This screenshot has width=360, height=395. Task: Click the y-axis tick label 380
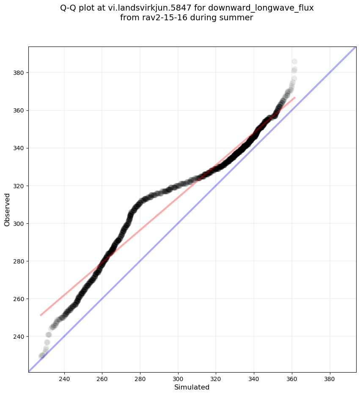pyautogui.click(x=19, y=73)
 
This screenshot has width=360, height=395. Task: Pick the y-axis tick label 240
pyautogui.click(x=19, y=336)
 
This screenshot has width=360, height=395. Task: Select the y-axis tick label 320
pyautogui.click(x=19, y=186)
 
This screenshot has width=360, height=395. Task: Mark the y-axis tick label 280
pyautogui.click(x=19, y=261)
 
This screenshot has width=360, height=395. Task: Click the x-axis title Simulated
pyautogui.click(x=192, y=387)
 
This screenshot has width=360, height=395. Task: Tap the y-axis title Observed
pyautogui.click(x=7, y=209)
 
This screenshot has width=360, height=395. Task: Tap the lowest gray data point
pyautogui.click(x=41, y=356)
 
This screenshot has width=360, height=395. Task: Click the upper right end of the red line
pyautogui.click(x=294, y=97)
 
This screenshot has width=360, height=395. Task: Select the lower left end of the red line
pyautogui.click(x=41, y=315)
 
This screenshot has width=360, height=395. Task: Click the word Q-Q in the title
pyautogui.click(x=69, y=8)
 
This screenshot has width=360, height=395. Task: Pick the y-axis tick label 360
pyautogui.click(x=19, y=110)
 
